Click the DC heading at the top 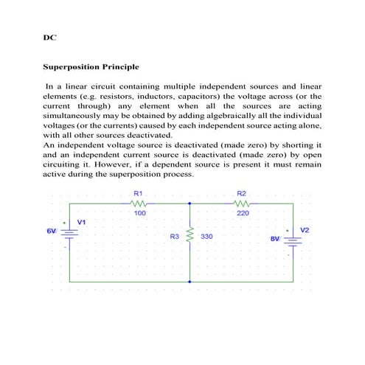[x=49, y=36]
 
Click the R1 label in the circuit [x=138, y=194]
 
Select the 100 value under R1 [x=139, y=214]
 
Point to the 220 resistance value [x=243, y=214]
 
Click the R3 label [x=175, y=237]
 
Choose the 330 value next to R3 [x=206, y=237]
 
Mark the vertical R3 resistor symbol [x=190, y=237]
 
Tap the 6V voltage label [x=52, y=231]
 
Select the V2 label [x=305, y=230]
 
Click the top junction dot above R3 [x=190, y=204]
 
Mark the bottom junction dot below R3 [x=190, y=281]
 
